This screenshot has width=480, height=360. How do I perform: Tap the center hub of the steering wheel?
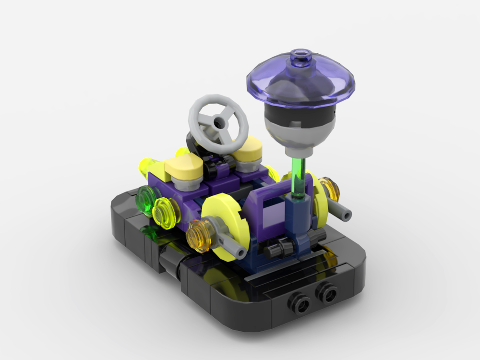tap(220, 123)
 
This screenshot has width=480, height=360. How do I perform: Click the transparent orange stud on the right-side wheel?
tap(330, 189)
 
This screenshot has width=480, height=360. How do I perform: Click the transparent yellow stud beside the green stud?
tap(166, 211)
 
